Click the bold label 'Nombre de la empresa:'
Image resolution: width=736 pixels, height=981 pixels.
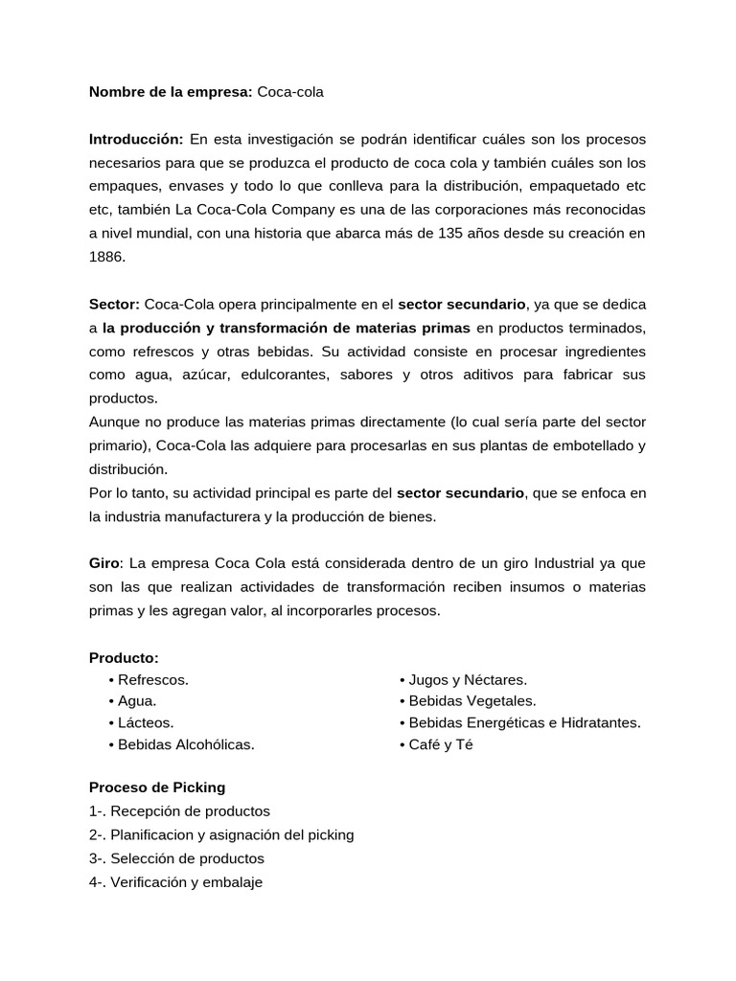(x=171, y=92)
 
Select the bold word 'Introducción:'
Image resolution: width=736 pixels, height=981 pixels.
(x=136, y=140)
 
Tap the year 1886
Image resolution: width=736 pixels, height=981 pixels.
(x=106, y=257)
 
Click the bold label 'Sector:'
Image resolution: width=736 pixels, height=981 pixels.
(x=115, y=304)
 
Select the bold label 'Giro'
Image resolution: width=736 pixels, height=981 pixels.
(x=104, y=563)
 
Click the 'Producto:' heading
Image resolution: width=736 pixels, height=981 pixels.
(x=124, y=657)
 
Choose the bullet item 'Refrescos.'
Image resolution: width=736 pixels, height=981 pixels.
(x=153, y=679)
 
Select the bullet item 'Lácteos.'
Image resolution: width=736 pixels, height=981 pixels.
(x=146, y=722)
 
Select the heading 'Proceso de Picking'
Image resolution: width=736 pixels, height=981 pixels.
(x=157, y=787)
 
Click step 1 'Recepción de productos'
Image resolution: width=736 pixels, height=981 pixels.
(x=179, y=810)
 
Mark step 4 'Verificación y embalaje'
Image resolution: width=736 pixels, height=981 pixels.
(x=175, y=882)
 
